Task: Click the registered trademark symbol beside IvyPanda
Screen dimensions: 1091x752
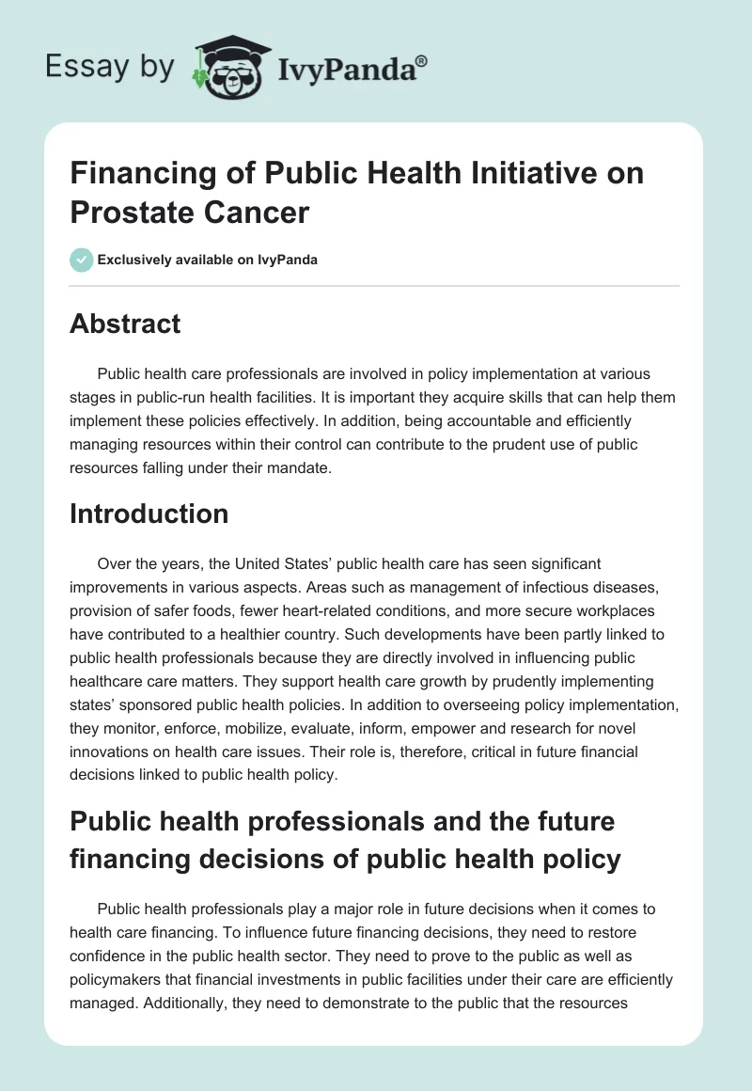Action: point(422,62)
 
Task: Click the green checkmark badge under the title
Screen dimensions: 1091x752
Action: point(81,260)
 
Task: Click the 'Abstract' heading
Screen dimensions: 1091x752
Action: point(125,324)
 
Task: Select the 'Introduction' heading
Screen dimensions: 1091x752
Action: point(149,514)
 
